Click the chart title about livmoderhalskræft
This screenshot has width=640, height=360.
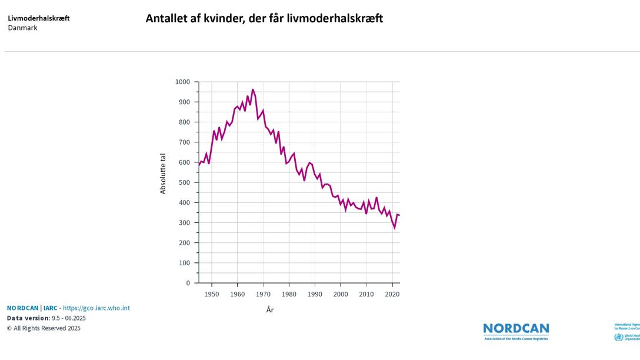point(264,18)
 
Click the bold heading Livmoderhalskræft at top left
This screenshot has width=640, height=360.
point(39,18)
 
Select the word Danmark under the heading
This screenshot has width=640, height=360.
point(22,28)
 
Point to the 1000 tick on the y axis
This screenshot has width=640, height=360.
point(183,82)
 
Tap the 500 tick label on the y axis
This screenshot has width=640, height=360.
point(185,182)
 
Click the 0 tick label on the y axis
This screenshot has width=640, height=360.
point(188,283)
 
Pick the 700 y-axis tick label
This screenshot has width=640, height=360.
point(185,142)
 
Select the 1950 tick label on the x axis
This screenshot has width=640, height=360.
point(212,294)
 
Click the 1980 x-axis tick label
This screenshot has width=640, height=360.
point(289,294)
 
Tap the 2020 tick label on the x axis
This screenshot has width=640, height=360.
point(392,294)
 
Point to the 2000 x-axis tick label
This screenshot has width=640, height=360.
point(341,294)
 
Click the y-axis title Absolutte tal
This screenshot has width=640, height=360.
point(163,174)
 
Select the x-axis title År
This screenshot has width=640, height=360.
point(269,310)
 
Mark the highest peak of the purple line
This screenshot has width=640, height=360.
point(253,89)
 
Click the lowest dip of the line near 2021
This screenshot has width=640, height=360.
point(395,228)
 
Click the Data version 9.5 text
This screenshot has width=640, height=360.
point(46,318)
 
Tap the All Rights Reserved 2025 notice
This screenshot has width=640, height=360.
point(44,328)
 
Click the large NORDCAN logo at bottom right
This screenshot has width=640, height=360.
point(516,331)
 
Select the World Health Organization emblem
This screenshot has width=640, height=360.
point(618,337)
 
